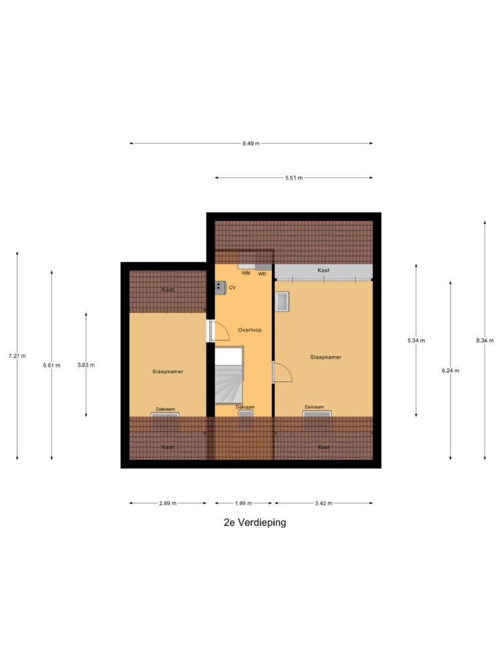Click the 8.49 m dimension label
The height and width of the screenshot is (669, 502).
pyautogui.click(x=251, y=143)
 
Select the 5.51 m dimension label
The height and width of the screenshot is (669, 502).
pyautogui.click(x=294, y=178)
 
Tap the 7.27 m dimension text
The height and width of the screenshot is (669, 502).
pyautogui.click(x=17, y=356)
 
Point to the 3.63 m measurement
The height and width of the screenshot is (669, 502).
pyautogui.click(x=86, y=365)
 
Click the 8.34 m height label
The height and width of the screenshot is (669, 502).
pyautogui.click(x=484, y=340)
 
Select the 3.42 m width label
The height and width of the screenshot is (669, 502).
pyautogui.click(x=324, y=503)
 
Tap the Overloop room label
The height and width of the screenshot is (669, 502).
pyautogui.click(x=250, y=330)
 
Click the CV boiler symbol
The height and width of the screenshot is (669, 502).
pyautogui.click(x=220, y=287)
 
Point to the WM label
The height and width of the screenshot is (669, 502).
pyautogui.click(x=246, y=273)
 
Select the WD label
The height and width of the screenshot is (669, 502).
pyautogui.click(x=262, y=274)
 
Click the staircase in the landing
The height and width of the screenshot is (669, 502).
pyautogui.click(x=228, y=382)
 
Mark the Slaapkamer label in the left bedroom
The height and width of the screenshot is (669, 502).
pyautogui.click(x=167, y=371)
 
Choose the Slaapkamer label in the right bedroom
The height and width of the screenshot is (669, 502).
pyautogui.click(x=326, y=357)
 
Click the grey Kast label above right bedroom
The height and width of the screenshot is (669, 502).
pyautogui.click(x=323, y=270)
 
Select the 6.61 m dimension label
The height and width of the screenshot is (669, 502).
pyautogui.click(x=52, y=365)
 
